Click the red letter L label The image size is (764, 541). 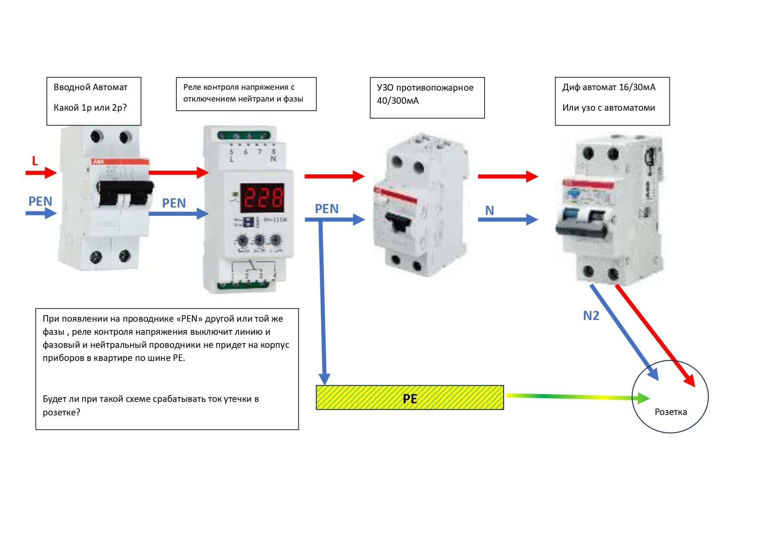35,161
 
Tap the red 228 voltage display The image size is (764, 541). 263,197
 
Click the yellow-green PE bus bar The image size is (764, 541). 410,398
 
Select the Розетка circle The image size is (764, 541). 670,397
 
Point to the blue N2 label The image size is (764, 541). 591,316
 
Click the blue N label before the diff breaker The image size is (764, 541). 489,211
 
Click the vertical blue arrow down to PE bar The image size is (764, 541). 323,301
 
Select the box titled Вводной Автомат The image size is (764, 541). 94,101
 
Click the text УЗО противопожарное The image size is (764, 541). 425,88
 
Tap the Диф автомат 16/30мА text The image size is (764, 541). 609,87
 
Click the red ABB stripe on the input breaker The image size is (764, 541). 120,162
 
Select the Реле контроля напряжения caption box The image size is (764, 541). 246,94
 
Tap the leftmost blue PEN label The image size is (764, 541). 40,201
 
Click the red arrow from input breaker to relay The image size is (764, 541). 178,173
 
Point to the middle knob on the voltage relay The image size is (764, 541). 259,240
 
